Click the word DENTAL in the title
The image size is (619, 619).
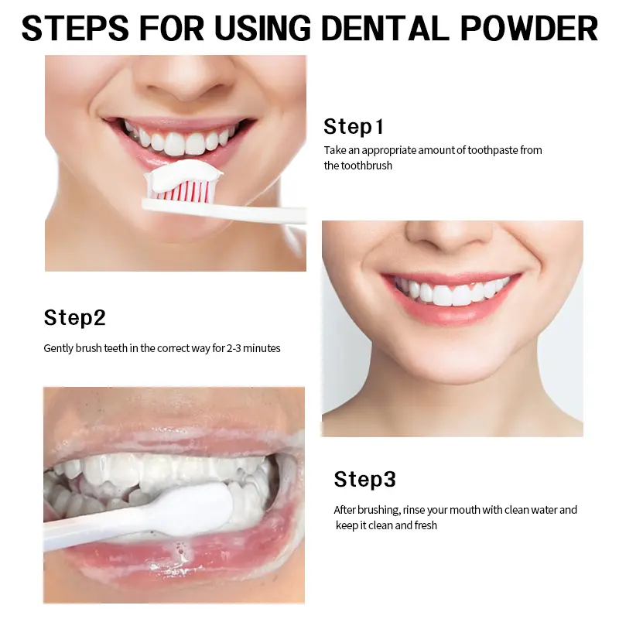[x=385, y=28]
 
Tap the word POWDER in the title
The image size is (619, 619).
[x=529, y=28]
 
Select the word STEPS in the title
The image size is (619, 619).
[x=75, y=28]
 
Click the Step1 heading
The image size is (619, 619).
[x=354, y=127]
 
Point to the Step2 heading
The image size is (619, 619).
[x=74, y=317]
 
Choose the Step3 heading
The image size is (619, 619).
[x=364, y=479]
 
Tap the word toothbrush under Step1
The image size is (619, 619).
[x=366, y=166]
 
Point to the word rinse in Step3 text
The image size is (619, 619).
[x=413, y=510]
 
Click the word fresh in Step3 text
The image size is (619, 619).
[x=426, y=525]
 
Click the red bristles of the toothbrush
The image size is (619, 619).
[x=181, y=190]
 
